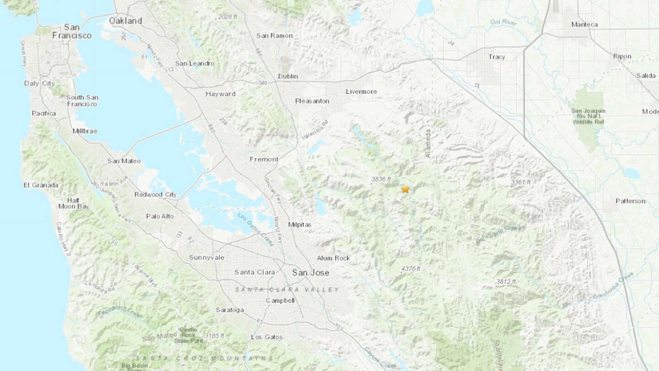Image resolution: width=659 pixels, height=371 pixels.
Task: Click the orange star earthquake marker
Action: point(405,189)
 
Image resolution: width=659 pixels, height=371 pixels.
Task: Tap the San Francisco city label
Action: point(72,31)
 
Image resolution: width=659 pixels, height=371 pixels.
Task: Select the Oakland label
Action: point(125,21)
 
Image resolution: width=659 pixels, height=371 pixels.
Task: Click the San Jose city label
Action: point(310,273)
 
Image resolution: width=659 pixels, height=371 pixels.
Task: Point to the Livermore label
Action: point(361,92)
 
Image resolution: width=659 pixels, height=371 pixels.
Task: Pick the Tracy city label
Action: point(497,57)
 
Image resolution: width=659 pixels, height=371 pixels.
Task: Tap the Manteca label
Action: point(585,24)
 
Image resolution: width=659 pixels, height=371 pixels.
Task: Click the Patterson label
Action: point(630,201)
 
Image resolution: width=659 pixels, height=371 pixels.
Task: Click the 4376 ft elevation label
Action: point(410,268)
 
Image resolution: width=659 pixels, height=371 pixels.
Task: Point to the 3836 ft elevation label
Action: point(381,179)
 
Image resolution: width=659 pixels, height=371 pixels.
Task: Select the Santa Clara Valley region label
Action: point(287,289)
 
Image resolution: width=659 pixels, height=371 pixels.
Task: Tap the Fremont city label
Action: point(264,159)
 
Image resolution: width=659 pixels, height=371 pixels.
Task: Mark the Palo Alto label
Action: point(160,216)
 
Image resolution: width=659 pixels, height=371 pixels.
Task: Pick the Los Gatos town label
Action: point(267,337)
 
